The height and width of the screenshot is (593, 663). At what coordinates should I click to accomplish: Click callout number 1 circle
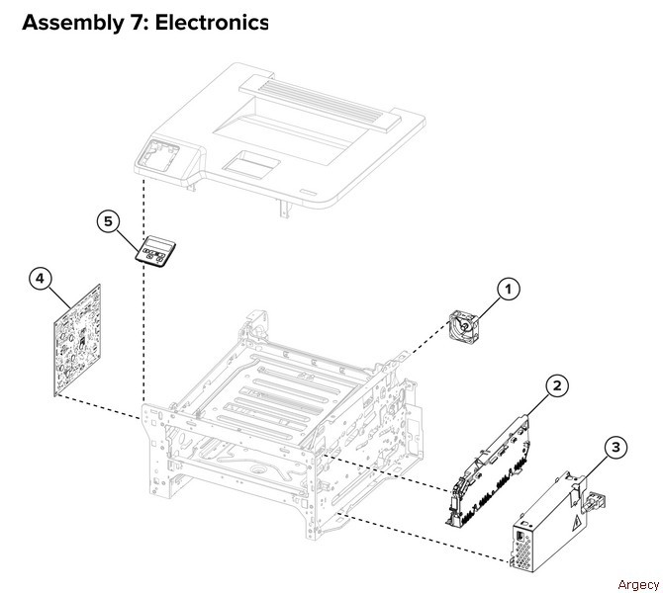tap(508, 290)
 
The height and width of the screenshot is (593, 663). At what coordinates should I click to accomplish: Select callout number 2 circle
tap(558, 385)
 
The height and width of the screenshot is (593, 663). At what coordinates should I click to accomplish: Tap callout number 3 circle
tap(616, 449)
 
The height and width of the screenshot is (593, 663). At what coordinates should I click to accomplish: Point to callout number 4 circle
tap(41, 280)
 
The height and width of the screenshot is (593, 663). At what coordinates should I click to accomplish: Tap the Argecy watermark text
tap(635, 583)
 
